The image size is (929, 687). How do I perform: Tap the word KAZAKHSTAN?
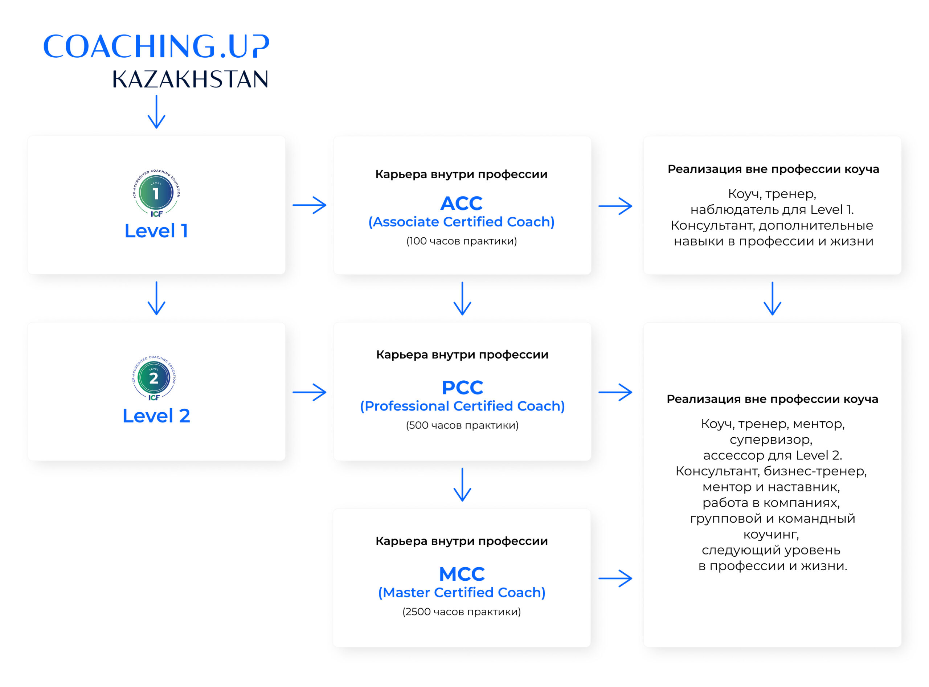coord(190,79)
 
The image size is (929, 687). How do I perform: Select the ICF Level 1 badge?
coord(156,193)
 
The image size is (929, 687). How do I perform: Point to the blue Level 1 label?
coord(156,231)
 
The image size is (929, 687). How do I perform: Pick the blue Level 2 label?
coord(156,416)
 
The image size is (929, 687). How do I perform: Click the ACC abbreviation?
coord(461,203)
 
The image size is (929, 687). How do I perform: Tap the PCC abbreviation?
coord(462,388)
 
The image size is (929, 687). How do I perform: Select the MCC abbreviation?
coord(462,574)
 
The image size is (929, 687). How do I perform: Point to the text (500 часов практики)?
coord(462,425)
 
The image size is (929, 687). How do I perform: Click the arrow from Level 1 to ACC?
coord(310,205)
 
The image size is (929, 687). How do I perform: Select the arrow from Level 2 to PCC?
coord(310,392)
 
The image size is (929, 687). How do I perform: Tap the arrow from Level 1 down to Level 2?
coord(156,298)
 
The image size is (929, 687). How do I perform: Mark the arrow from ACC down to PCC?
coord(462,298)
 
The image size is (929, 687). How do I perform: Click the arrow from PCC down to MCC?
coord(462,484)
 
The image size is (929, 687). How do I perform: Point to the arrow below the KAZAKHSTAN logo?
coord(156,111)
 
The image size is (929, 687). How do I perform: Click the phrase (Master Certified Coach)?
coord(461,592)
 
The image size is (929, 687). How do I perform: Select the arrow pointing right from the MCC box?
coord(615,578)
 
